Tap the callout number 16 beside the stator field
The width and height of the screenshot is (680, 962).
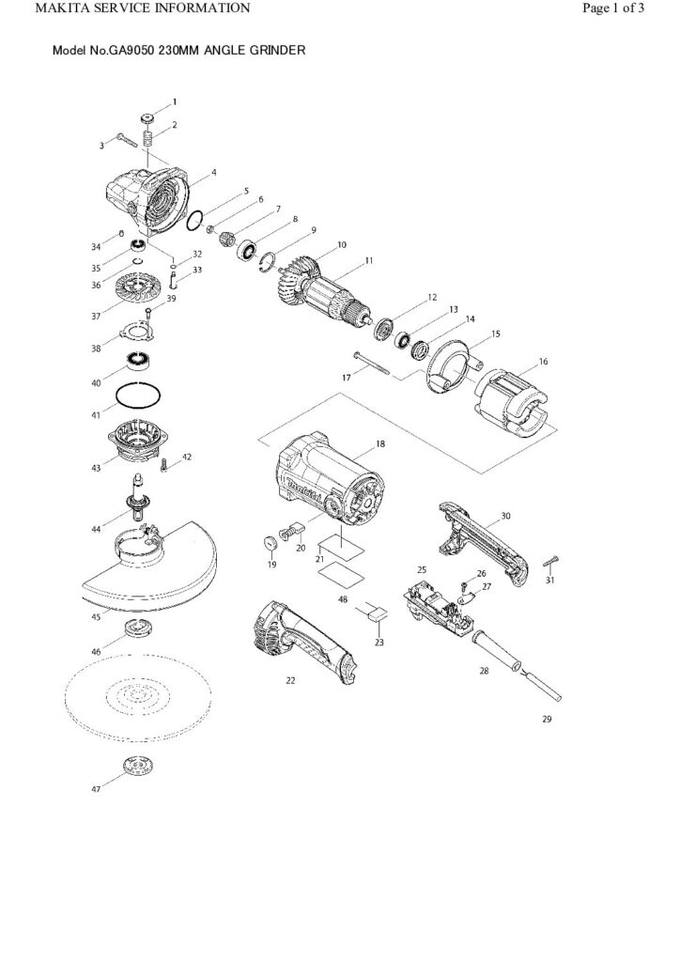click(x=544, y=362)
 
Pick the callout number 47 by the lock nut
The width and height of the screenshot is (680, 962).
click(x=96, y=790)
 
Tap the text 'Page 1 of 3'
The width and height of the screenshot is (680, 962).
click(x=612, y=8)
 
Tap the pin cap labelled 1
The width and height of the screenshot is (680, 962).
click(x=147, y=118)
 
